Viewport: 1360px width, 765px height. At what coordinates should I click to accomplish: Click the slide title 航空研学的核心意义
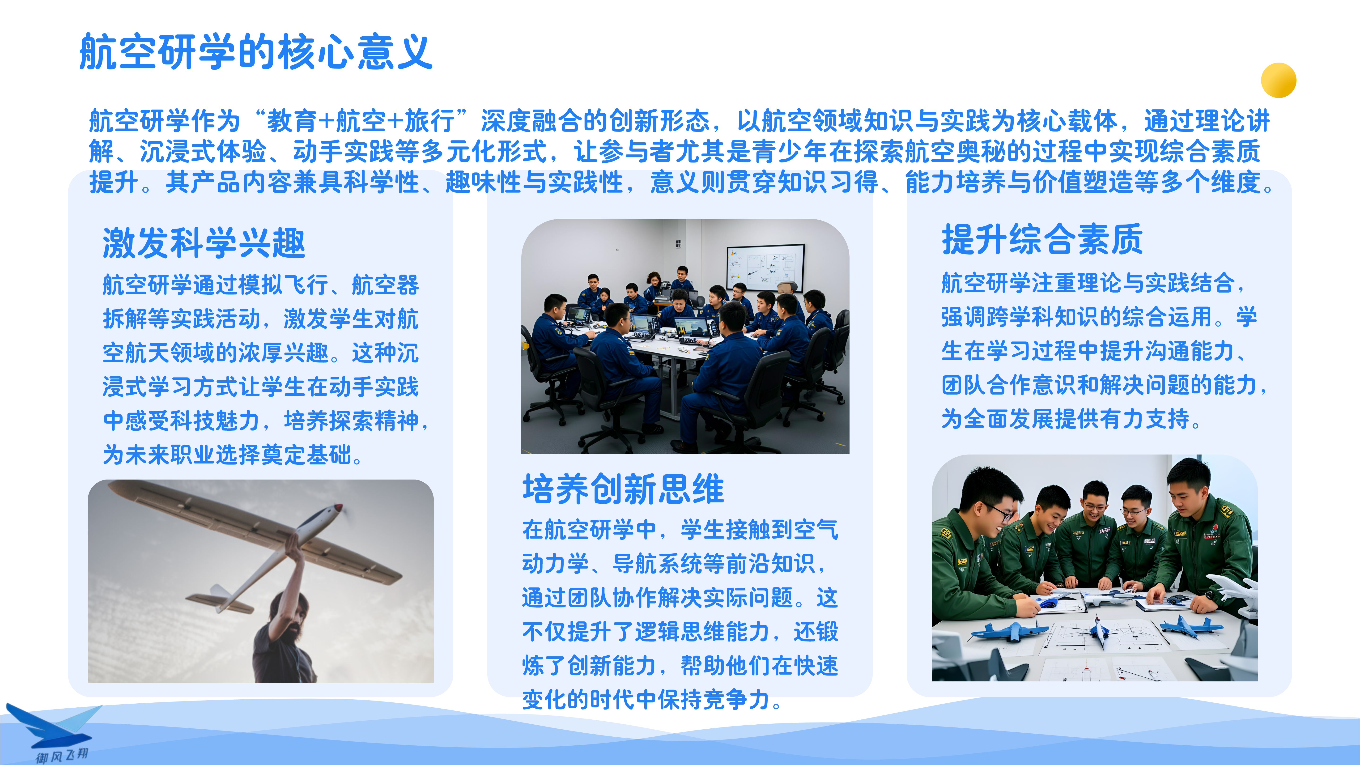pos(256,52)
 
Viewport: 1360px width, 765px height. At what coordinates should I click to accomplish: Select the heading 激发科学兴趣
pos(204,243)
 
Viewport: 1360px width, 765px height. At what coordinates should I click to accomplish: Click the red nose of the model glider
pos(338,508)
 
